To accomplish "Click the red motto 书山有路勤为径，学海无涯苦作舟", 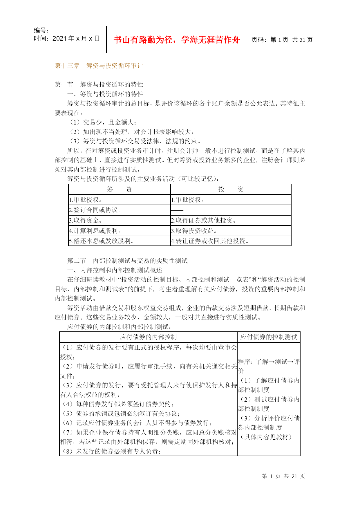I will [177, 40].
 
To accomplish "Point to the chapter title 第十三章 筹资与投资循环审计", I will [99, 66].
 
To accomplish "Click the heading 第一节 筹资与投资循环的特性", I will [99, 84].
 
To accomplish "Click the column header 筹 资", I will [119, 189].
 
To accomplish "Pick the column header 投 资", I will [231, 189].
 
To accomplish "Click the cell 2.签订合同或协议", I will [95, 210].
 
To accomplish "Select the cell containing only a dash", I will [177, 210].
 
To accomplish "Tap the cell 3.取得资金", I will [86, 221].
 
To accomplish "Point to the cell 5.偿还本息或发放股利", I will [101, 241].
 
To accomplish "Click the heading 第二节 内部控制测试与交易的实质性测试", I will [127, 261].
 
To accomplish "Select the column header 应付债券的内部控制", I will [148, 337].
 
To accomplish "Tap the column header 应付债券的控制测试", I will [269, 337].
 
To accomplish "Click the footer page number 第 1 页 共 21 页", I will [283, 476].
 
